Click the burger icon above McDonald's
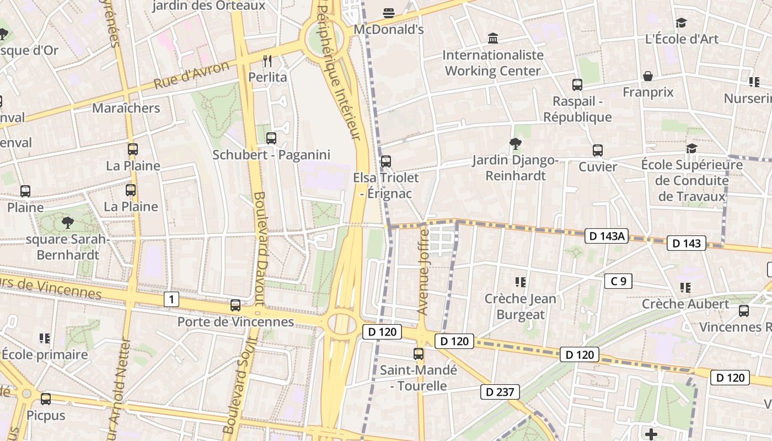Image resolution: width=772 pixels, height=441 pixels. [389, 13]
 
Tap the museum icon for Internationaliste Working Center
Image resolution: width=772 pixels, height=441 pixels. [493, 39]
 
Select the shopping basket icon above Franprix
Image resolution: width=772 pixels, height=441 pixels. [648, 76]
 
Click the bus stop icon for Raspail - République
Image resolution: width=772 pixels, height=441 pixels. [577, 85]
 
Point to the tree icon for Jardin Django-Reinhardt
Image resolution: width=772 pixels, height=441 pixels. [515, 144]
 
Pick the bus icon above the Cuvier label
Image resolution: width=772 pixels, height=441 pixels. [598, 150]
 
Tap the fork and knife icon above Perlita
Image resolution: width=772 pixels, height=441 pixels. [268, 61]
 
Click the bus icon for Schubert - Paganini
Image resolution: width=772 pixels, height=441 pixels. [271, 138]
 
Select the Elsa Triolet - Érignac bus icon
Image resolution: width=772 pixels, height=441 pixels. [386, 162]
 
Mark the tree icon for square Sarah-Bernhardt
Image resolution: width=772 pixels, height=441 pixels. [68, 223]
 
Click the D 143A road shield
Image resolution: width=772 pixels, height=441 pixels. [607, 236]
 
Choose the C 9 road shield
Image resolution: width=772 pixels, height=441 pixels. [618, 281]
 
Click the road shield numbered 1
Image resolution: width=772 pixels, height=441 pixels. [171, 300]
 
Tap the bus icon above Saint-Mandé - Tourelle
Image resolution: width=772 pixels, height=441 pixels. [419, 354]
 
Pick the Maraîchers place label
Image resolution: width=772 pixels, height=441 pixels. [126, 108]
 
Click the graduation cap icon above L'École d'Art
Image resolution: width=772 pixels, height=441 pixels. [682, 23]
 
